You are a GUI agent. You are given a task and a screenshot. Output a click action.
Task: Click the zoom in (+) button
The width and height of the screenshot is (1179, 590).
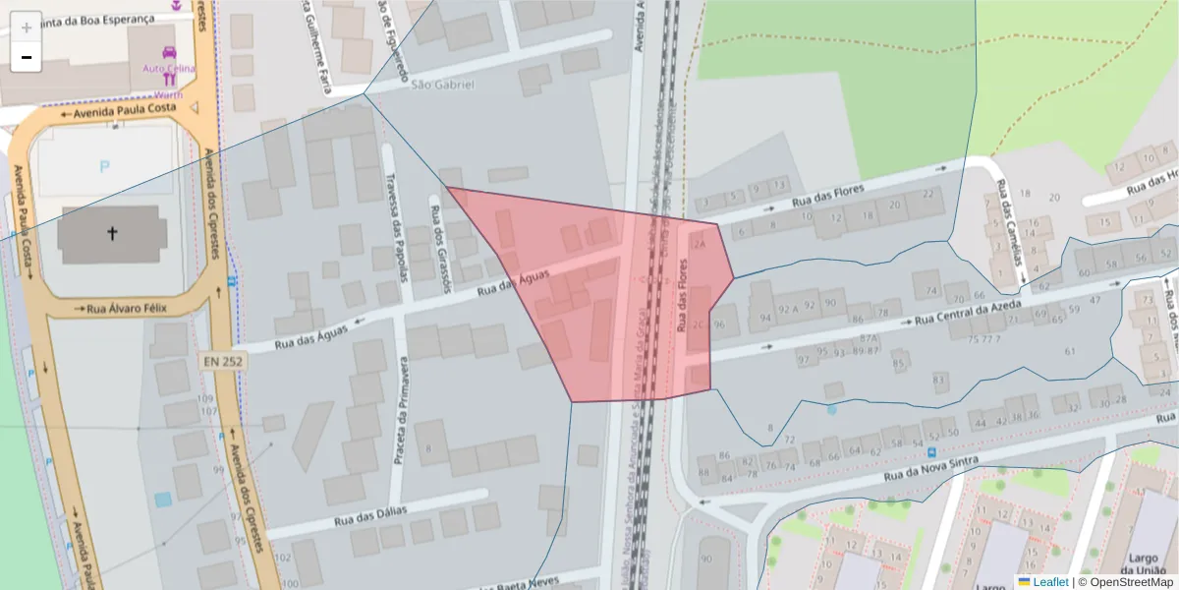27,27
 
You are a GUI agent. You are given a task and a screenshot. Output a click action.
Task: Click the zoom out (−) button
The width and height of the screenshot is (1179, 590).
27,57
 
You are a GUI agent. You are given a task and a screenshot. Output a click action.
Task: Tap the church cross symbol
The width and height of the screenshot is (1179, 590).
112,234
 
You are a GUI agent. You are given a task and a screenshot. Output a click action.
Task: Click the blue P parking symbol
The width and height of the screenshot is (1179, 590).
105,167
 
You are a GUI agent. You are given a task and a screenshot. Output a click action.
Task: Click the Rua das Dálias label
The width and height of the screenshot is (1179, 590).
369,515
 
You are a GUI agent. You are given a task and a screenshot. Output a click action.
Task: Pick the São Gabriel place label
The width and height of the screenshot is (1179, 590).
442,85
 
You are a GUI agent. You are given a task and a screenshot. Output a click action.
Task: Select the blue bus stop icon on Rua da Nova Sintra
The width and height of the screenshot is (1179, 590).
931,452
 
